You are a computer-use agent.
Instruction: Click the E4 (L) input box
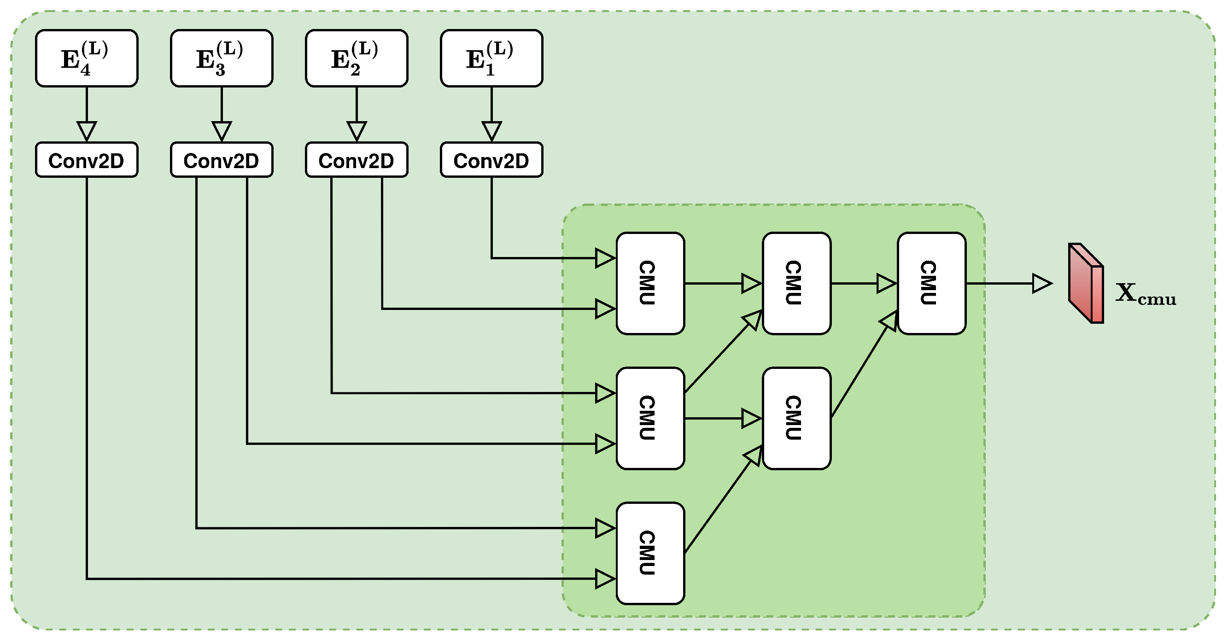pos(86,58)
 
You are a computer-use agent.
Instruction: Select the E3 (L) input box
pos(221,58)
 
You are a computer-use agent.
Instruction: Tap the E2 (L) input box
pos(356,58)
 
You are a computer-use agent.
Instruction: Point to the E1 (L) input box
pos(491,58)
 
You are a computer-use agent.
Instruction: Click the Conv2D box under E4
pos(86,160)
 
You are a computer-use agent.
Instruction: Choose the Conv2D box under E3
pos(221,160)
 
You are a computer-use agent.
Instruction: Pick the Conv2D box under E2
pos(356,160)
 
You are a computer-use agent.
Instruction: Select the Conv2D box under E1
pos(491,160)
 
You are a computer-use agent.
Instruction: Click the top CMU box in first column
pos(650,283)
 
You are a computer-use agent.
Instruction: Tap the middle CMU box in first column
pos(650,418)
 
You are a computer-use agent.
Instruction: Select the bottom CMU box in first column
pos(650,553)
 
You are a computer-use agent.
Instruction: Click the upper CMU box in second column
pos(796,283)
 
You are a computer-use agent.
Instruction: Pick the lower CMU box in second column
pos(796,418)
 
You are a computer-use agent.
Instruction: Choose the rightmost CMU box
pos(931,283)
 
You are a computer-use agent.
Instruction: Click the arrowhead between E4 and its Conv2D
pos(87,130)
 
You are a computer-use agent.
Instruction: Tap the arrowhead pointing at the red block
pos(1041,283)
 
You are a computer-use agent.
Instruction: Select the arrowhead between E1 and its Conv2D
pos(491,130)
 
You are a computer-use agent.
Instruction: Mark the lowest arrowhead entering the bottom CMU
pos(604,578)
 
